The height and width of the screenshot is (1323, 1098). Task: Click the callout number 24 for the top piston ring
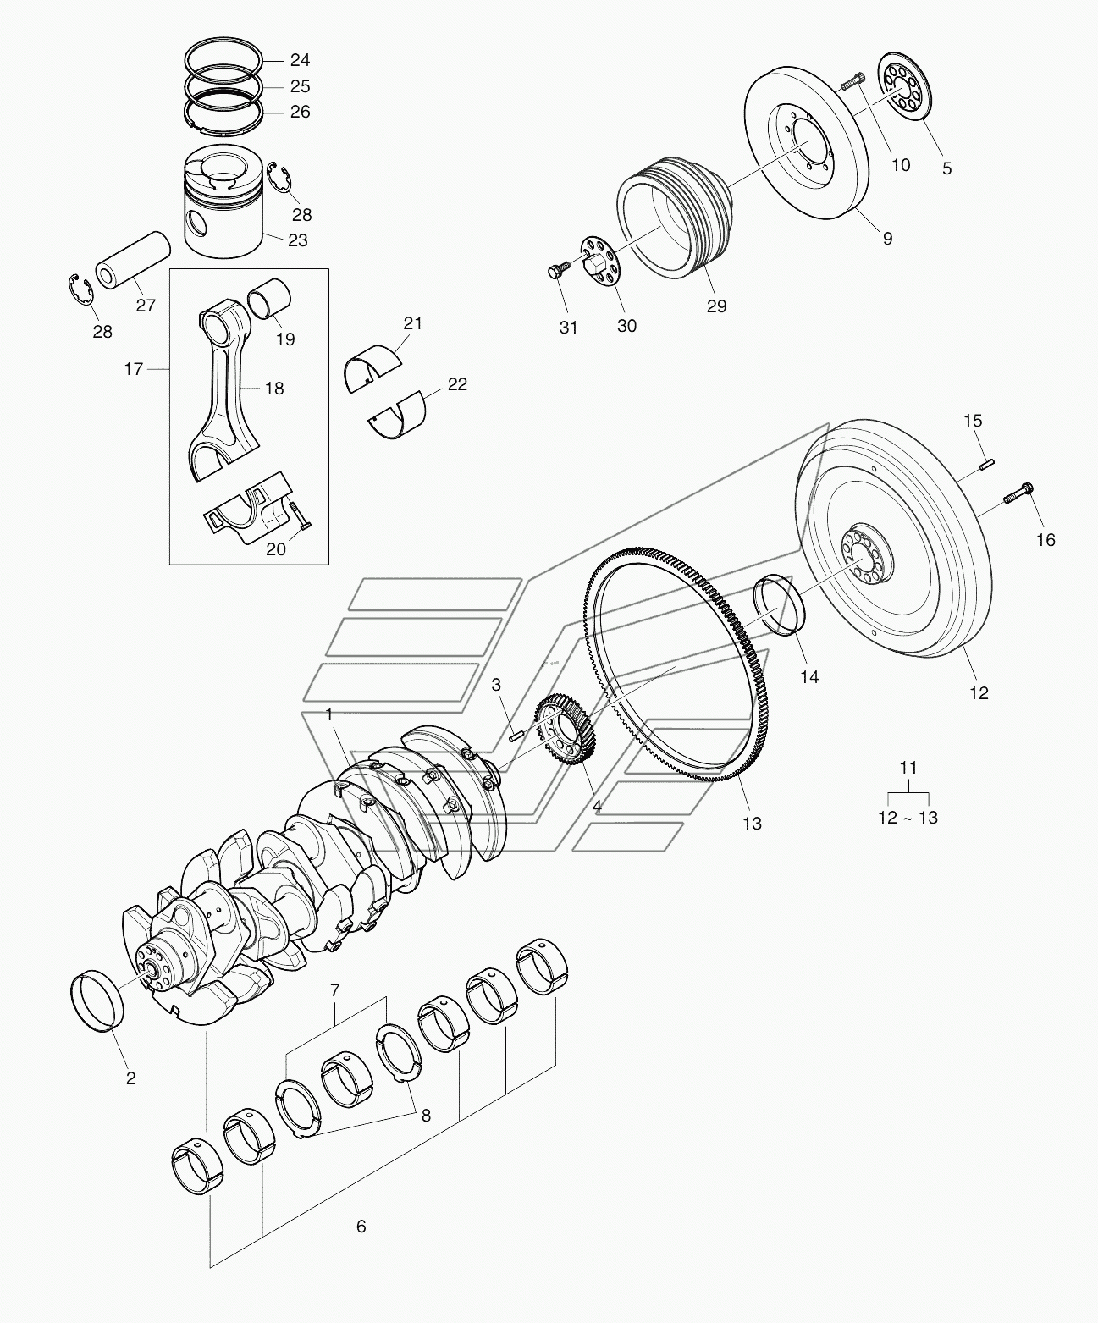tap(300, 60)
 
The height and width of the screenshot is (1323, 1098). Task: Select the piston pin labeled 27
tap(133, 261)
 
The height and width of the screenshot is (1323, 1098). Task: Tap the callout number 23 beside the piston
tap(297, 240)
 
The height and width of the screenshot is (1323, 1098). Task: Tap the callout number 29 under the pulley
tap(716, 306)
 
